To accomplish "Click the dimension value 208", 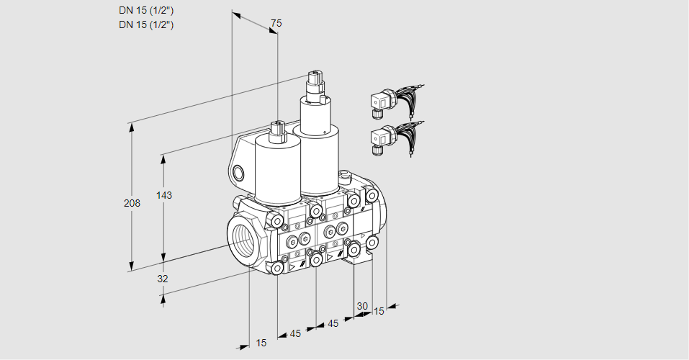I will point(132,204).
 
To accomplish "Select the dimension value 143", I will point(166,195).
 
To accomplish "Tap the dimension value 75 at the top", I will point(276,24).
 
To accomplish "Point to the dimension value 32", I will point(163,279).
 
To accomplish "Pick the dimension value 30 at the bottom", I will point(361,306).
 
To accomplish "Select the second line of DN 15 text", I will point(147,24).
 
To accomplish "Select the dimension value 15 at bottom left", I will point(261,343).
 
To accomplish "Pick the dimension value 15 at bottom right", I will point(379,311).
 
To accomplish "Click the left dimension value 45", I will point(296,333).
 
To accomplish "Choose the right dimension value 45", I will point(333,323).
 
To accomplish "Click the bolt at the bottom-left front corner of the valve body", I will point(277,268).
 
